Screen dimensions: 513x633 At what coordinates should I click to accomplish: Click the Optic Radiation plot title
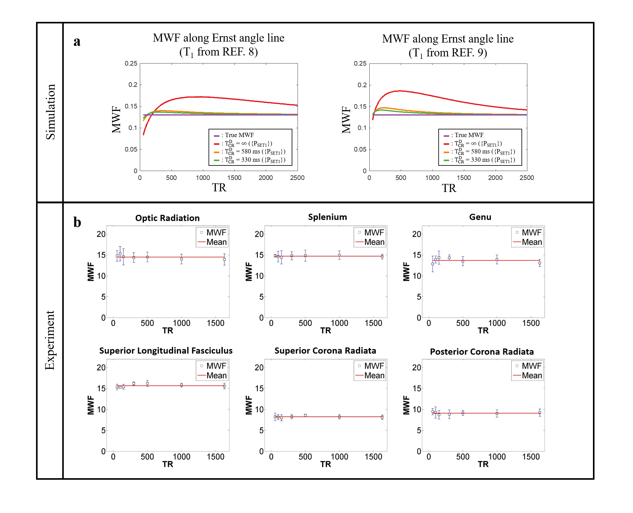coord(167,218)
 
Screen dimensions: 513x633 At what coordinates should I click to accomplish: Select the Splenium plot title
coord(327,217)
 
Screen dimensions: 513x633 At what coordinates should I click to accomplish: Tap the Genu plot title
coord(480,217)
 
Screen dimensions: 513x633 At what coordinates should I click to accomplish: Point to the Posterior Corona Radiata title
coord(482,352)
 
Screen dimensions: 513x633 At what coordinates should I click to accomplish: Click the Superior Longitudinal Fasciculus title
coord(166,351)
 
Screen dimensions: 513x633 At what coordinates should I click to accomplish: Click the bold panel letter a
coord(77,41)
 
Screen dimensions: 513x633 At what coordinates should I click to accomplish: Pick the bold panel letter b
coord(77,222)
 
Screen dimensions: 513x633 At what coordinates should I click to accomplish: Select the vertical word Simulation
coord(51,112)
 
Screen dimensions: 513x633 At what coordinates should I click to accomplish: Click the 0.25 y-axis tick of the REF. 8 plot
coord(131,63)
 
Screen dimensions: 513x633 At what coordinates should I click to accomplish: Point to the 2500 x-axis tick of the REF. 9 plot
coord(526,178)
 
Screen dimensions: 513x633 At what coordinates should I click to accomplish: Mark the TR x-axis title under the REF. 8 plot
coord(219,188)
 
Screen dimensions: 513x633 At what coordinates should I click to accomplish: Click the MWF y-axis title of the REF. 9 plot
coord(346,120)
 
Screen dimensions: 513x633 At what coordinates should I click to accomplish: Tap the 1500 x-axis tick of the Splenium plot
coord(373,323)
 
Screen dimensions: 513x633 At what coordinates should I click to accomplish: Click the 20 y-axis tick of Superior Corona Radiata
coord(259,368)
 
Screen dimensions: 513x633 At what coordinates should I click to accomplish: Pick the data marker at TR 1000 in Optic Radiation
coord(181,259)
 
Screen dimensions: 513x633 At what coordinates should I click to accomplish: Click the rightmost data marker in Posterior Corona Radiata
coord(540,413)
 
